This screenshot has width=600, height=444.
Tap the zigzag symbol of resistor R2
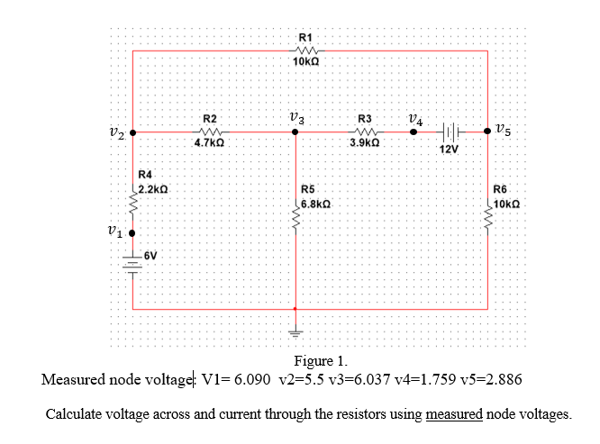[x=209, y=131]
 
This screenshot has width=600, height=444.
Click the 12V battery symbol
[x=450, y=131]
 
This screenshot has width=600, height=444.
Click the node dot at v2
[x=132, y=132]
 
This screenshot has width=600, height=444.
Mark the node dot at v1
[x=132, y=231]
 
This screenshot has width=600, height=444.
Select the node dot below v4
[x=414, y=132]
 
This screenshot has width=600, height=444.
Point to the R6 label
[x=501, y=190]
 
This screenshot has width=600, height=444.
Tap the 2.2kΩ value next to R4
[x=153, y=190]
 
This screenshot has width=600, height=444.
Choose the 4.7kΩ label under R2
[x=209, y=142]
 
